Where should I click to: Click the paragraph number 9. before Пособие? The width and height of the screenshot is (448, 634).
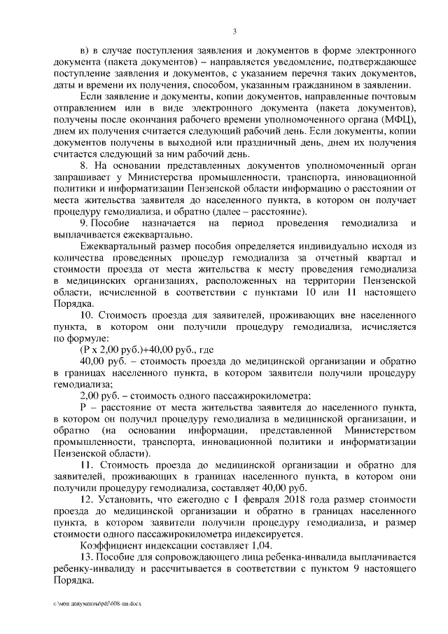[85, 223]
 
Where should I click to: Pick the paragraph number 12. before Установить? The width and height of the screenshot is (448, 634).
[87, 498]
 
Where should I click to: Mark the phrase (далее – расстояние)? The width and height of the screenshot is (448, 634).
[254, 211]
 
